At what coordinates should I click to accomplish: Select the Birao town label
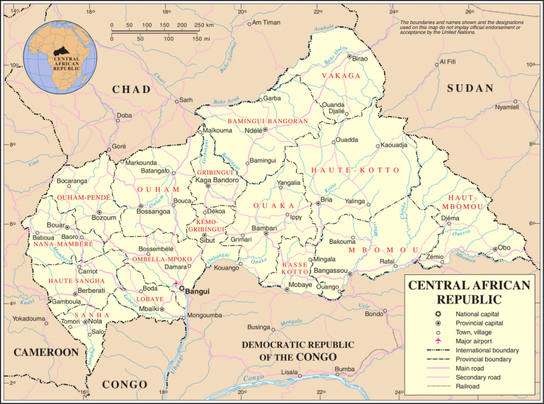[x=360, y=58]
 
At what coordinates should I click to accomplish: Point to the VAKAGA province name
[x=341, y=75]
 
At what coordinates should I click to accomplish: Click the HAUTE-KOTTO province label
[x=355, y=170]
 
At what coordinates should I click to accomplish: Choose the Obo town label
[x=504, y=247]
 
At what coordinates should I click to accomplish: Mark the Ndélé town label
[x=253, y=130]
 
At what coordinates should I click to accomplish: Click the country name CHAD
[x=132, y=89]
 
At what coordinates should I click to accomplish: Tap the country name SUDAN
[x=469, y=88]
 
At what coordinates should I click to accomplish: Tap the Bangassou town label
[x=330, y=271]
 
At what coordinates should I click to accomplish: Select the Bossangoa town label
[x=153, y=211]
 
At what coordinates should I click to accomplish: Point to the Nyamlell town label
[x=506, y=107]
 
